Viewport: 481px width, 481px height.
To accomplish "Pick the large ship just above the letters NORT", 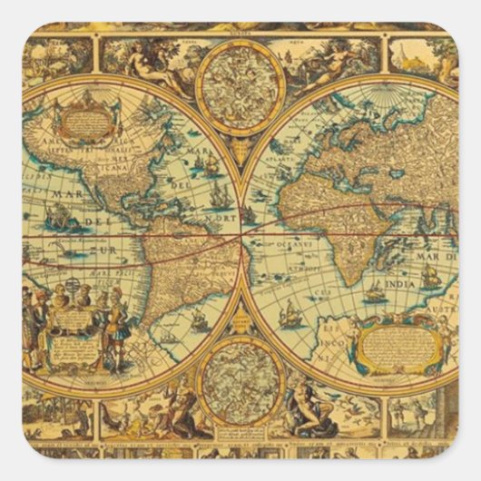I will (220, 194).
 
